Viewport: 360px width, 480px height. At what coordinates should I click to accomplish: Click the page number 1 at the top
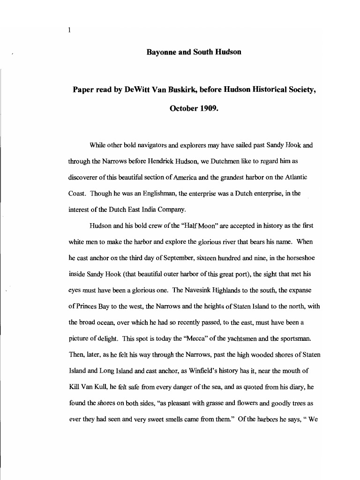click(69, 30)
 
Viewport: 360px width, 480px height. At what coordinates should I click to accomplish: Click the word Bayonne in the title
click(161, 52)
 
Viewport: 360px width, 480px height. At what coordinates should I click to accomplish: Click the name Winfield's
click(202, 370)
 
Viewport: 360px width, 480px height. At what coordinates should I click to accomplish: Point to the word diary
click(293, 387)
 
